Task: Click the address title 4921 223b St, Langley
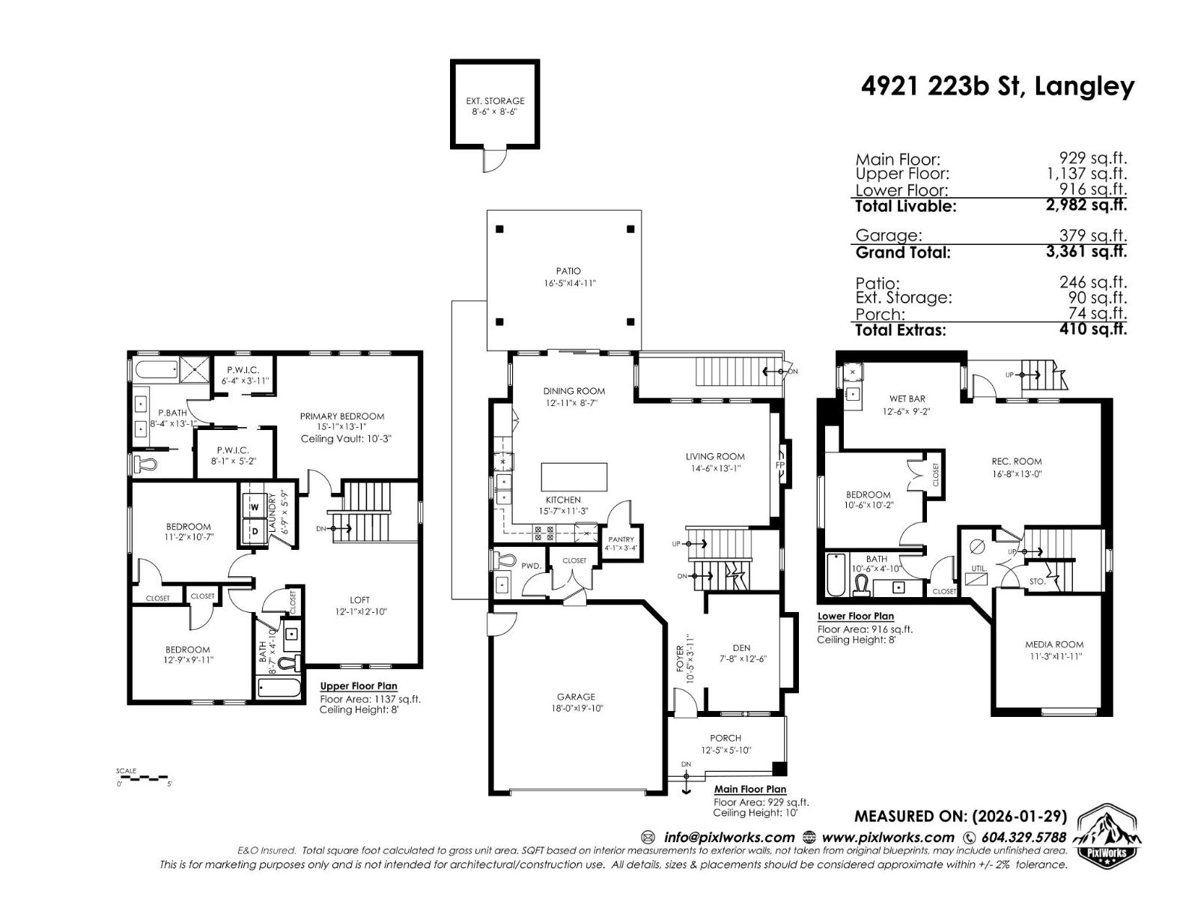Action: (997, 87)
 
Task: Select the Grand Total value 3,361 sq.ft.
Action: (1086, 252)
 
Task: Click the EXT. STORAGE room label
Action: (495, 100)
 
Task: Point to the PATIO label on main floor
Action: (568, 271)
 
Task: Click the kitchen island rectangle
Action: (574, 476)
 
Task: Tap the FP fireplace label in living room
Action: (780, 464)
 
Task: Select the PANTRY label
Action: (621, 539)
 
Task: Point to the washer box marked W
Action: (255, 507)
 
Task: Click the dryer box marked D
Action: (255, 531)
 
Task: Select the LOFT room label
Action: (359, 600)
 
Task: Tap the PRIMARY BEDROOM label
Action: (342, 416)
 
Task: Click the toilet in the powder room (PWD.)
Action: (505, 560)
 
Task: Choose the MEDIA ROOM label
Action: (1054, 644)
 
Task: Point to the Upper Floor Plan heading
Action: (359, 686)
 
